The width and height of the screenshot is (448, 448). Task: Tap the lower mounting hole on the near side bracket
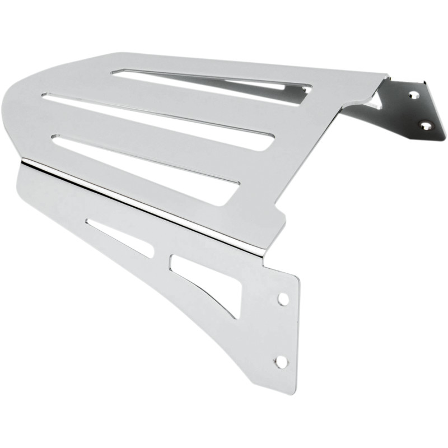tap(281, 362)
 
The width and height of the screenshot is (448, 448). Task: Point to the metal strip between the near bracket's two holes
tap(282, 330)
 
